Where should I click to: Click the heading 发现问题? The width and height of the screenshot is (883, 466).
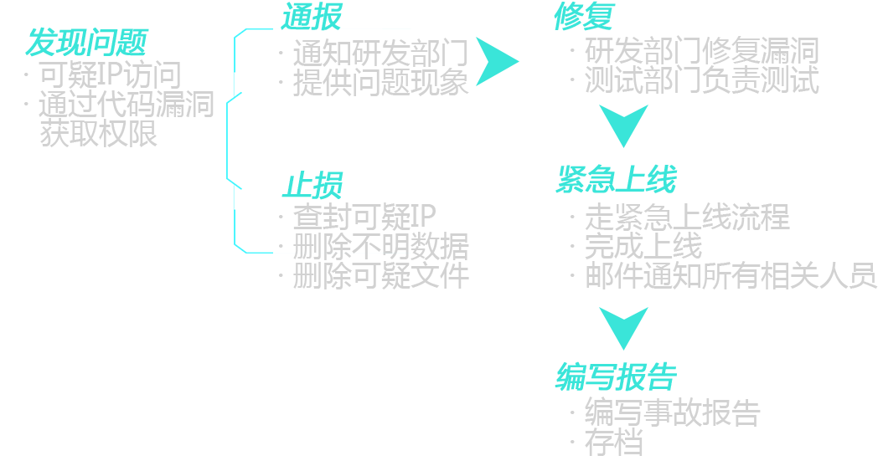(86, 43)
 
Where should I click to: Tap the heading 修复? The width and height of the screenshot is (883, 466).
(585, 16)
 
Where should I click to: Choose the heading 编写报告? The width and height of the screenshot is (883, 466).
(616, 376)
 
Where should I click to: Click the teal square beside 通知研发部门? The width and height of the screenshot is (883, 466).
(497, 61)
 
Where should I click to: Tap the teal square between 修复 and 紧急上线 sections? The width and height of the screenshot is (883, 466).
(622, 125)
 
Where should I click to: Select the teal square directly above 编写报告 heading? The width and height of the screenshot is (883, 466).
(622, 328)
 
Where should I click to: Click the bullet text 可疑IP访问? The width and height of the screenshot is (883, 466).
(110, 75)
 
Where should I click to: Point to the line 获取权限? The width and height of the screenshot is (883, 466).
(99, 133)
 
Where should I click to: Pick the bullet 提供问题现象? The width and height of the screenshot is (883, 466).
(380, 83)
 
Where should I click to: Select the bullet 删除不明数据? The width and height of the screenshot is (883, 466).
(380, 246)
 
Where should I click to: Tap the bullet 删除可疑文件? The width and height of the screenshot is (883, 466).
(380, 275)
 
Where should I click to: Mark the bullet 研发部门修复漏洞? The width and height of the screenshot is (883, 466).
(700, 51)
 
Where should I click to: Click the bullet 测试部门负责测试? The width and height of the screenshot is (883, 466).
(700, 80)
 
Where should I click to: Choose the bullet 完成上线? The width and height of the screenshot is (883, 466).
(643, 246)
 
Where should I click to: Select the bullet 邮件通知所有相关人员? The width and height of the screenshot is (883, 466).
(730, 275)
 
